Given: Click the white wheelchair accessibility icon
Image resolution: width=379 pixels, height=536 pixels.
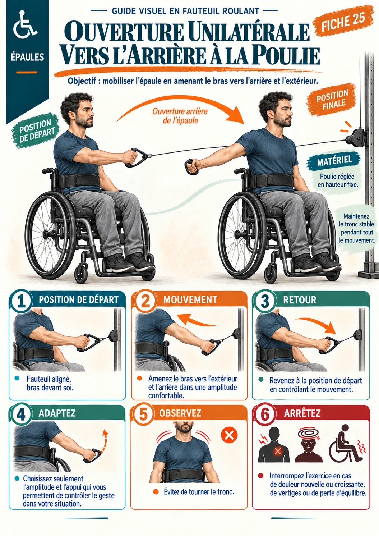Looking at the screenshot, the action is click(25, 25).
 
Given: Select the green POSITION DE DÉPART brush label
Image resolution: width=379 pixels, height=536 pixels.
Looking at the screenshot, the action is click(36, 131).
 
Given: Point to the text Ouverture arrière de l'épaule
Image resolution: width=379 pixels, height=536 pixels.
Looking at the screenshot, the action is click(180, 116).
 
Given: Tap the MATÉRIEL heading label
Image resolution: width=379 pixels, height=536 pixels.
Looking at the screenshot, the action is click(334, 161).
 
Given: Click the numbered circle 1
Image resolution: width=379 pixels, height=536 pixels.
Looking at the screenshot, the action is click(21, 301).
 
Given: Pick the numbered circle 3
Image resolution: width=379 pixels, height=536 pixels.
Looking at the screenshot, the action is click(265, 301).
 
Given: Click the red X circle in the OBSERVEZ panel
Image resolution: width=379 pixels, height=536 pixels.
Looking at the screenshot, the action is click(229, 435).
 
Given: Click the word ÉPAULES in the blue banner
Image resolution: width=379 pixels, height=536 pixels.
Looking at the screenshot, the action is click(28, 57).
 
